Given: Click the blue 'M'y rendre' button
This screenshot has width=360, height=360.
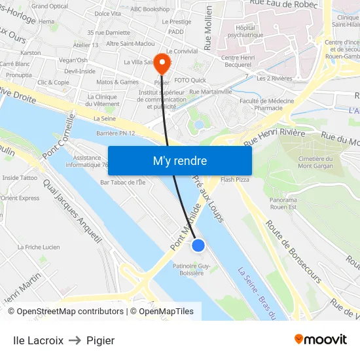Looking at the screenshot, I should pyautogui.click(x=179, y=160).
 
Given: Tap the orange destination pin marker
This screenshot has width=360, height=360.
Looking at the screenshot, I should pyautogui.click(x=162, y=63).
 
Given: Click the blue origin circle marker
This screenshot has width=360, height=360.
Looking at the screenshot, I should pyautogui.click(x=198, y=245).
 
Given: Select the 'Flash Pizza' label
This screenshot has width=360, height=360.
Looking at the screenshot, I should pyautogui.click(x=235, y=179).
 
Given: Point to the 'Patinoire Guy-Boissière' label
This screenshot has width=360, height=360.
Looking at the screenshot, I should pyautogui.click(x=191, y=270).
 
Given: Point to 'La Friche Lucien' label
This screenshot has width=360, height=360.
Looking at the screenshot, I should pyautogui.click(x=39, y=247).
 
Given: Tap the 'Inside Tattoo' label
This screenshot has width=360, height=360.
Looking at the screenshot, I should pyautogui.click(x=20, y=177).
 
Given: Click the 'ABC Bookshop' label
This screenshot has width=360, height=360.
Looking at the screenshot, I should pyautogui.click(x=149, y=9).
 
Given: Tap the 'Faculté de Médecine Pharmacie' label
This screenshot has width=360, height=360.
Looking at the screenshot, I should pyautogui.click(x=266, y=104).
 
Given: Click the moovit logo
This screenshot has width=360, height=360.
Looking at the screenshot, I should pyautogui.click(x=320, y=340).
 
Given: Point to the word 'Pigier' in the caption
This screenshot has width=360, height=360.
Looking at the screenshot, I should pyautogui.click(x=100, y=340).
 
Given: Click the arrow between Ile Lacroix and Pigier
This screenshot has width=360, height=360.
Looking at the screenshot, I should pyautogui.click(x=75, y=340).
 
